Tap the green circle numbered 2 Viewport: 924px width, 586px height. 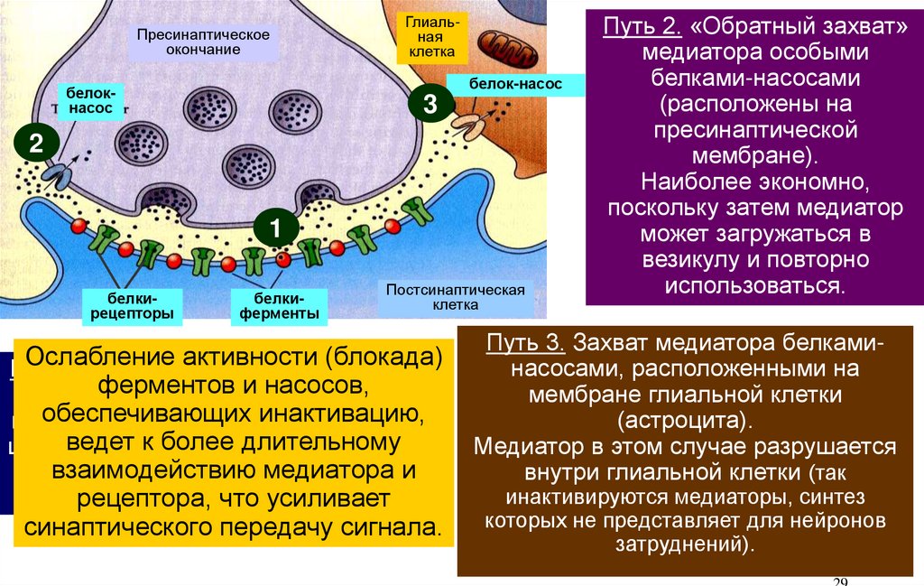[36, 144]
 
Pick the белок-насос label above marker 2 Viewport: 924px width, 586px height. [88, 100]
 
